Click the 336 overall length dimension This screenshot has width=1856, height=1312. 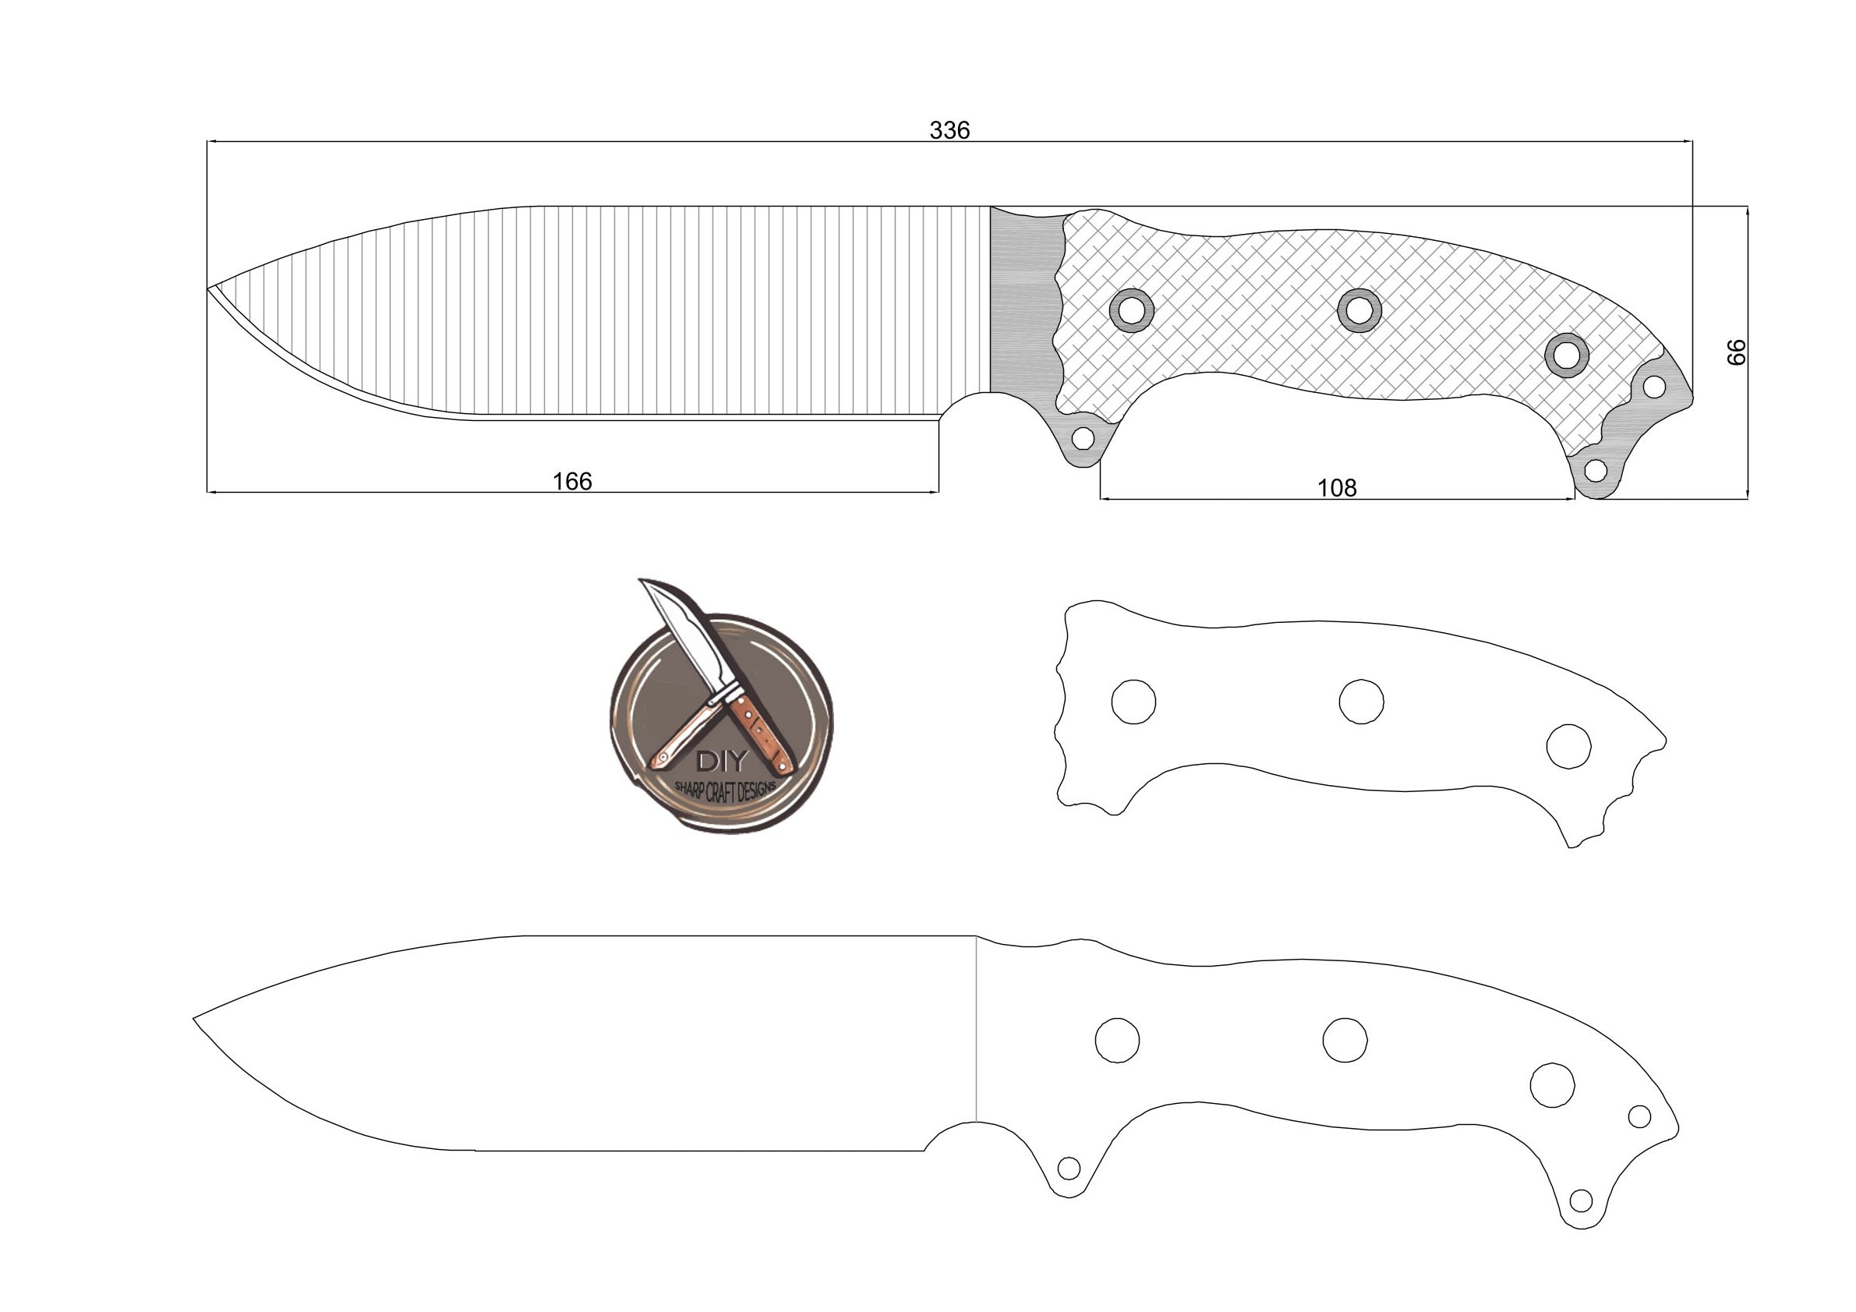(x=949, y=130)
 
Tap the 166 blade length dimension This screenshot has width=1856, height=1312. (x=571, y=482)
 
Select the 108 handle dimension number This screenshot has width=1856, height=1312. (x=1336, y=488)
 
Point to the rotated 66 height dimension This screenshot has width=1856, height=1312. (x=1735, y=352)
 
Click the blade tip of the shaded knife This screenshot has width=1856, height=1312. (x=210, y=288)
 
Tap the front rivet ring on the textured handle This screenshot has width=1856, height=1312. (x=1132, y=309)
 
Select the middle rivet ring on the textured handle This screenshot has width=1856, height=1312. (x=1359, y=309)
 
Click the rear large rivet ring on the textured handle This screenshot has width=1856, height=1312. (x=1567, y=355)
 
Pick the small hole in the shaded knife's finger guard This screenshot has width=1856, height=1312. (x=1083, y=439)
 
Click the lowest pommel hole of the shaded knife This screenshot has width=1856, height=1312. (x=1595, y=469)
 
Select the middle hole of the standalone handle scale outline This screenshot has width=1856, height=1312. (x=1361, y=702)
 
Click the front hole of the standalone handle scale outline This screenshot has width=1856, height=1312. (x=1133, y=702)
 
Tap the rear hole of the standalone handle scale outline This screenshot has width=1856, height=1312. (x=1569, y=746)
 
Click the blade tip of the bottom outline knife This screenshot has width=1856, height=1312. (x=195, y=1019)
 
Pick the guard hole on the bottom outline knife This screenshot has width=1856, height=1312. (x=1069, y=1168)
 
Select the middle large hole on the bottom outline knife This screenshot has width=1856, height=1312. (x=1345, y=1040)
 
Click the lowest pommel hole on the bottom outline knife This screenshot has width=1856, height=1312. (x=1581, y=1201)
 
